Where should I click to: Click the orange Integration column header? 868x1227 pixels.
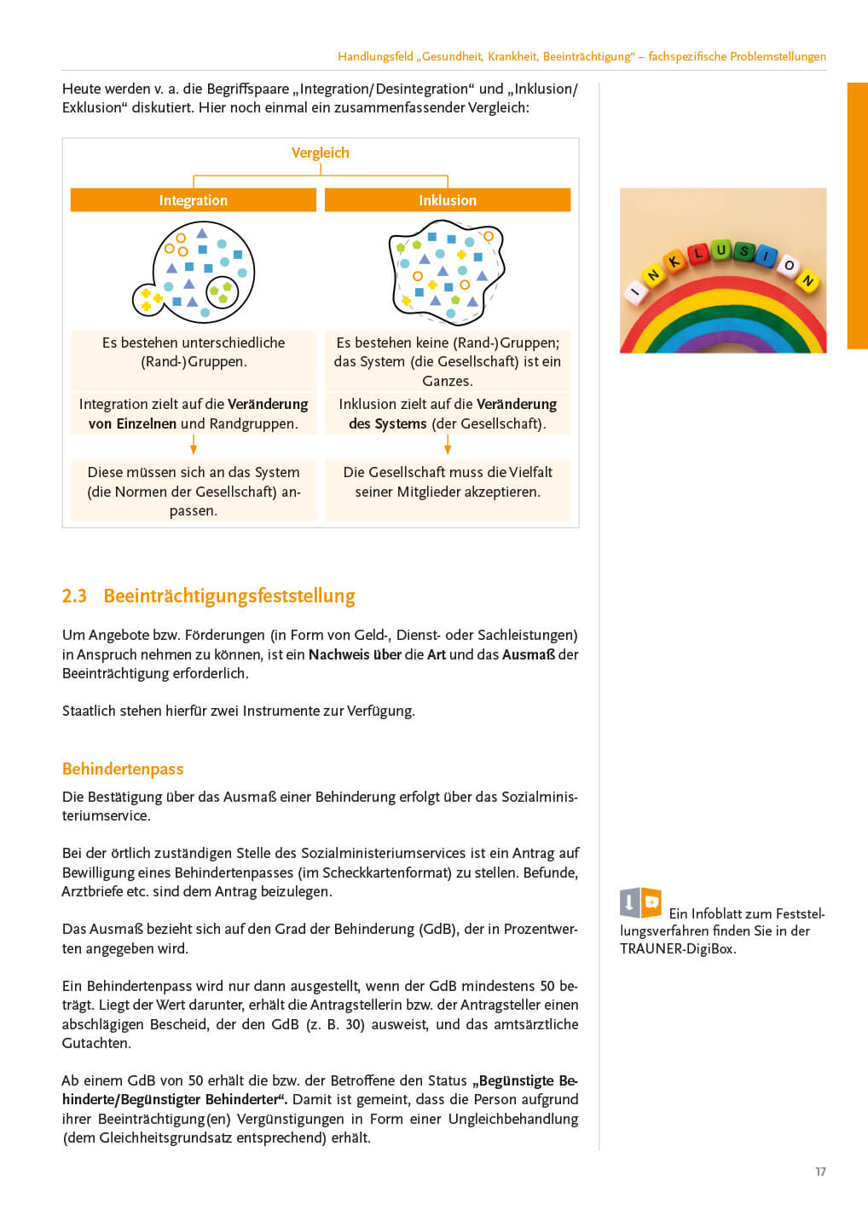194,200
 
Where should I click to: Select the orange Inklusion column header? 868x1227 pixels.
448,200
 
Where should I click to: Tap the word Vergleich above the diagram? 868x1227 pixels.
321,153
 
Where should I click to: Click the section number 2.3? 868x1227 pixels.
74,596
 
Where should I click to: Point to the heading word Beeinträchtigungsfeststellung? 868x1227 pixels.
229,596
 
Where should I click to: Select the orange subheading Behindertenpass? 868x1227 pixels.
123,769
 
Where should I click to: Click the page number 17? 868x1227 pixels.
820,1172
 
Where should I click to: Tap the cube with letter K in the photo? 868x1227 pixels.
674,262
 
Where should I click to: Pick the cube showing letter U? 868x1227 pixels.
721,251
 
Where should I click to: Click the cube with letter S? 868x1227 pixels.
744,251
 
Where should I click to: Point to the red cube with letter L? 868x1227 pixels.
698,254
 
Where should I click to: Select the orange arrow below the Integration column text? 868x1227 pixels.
194,445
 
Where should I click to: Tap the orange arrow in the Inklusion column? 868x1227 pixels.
448,445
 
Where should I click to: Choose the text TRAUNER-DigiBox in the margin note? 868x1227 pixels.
678,949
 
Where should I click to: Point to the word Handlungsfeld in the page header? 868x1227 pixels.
375,56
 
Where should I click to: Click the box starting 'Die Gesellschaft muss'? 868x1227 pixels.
448,482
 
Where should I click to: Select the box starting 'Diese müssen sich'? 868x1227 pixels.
194,491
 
